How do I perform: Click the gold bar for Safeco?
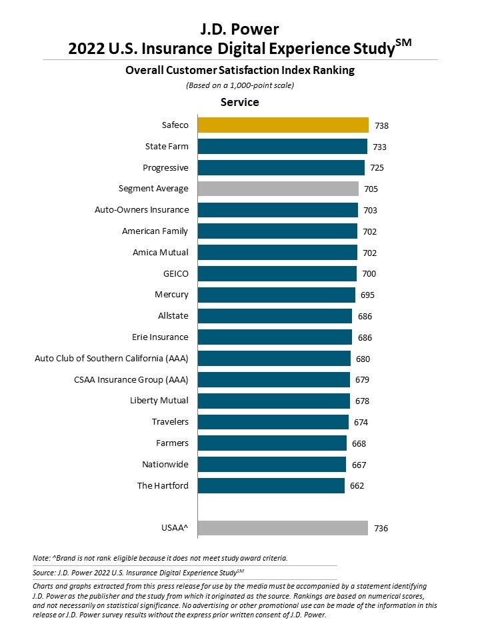coord(283,125)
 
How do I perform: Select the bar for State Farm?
coord(283,146)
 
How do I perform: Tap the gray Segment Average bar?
coord(278,189)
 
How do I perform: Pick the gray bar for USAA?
coord(283,528)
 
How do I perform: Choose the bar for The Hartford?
coord(271,485)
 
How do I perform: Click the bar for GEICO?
coord(277,273)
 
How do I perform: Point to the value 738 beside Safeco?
coord(382,125)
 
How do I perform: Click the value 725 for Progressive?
coord(377,168)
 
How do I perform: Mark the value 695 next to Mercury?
coord(367,295)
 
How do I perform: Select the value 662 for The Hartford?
coord(357,486)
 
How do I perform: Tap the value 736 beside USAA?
coord(381,529)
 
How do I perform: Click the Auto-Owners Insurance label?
coord(141,210)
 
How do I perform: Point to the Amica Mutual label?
coord(160,253)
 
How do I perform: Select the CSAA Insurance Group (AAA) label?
coord(131,380)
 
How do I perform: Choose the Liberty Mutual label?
coord(159,401)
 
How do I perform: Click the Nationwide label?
coord(165,465)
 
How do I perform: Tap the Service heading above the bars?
coord(239,103)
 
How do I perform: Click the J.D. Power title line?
coord(239,29)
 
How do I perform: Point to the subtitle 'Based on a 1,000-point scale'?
coord(239,85)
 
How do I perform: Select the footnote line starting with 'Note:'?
coord(159,557)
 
